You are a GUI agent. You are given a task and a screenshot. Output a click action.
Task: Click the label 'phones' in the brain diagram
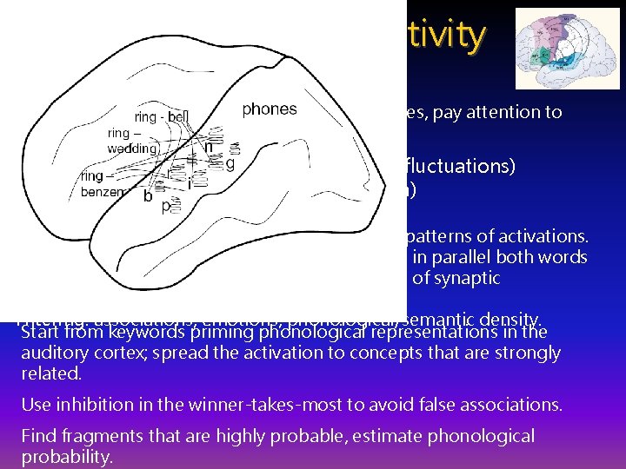pos(269,109)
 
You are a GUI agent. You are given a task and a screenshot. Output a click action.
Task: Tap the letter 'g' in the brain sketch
pos(230,164)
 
